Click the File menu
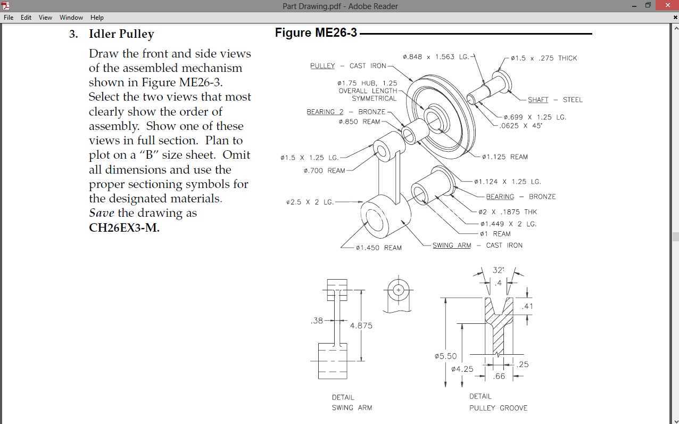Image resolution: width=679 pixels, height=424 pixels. point(9,18)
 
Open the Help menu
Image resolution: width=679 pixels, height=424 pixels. point(97,18)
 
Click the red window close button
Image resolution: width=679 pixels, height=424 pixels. point(667,5)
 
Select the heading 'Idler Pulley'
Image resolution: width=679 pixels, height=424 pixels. point(121,34)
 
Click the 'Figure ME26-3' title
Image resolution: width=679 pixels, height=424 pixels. point(316,32)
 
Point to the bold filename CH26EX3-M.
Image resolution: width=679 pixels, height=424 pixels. point(125,227)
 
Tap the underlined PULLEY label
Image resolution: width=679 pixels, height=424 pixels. point(322,66)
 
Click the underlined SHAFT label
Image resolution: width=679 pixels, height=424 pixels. point(538,100)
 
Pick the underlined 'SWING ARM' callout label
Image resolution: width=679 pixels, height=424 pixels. point(452,245)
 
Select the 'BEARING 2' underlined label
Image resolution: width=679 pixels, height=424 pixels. point(325,112)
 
